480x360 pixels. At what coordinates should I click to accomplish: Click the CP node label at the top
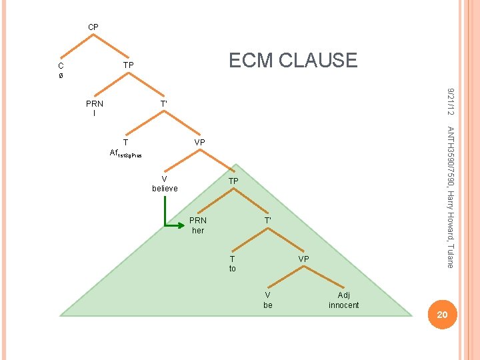coord(93,27)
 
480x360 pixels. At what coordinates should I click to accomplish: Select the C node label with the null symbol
coord(61,71)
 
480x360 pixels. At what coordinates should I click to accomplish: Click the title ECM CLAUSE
coord(293,61)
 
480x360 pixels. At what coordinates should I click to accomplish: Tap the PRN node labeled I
coord(95,109)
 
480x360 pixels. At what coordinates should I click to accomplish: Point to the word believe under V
coord(165,189)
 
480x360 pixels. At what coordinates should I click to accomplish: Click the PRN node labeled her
coord(198,225)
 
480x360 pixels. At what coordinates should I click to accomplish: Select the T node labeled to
coord(232,263)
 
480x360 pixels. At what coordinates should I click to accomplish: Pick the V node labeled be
coord(267,300)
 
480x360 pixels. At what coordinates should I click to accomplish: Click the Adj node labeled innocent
coord(343,300)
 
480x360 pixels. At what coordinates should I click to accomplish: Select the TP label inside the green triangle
coord(233,181)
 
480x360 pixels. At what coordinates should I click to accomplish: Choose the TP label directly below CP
coord(129,65)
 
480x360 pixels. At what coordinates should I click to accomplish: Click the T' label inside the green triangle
coord(267,220)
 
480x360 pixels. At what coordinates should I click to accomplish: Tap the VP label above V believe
coord(199,143)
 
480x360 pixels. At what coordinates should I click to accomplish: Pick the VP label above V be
coord(303,258)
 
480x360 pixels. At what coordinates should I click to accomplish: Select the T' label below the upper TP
coord(163,104)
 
